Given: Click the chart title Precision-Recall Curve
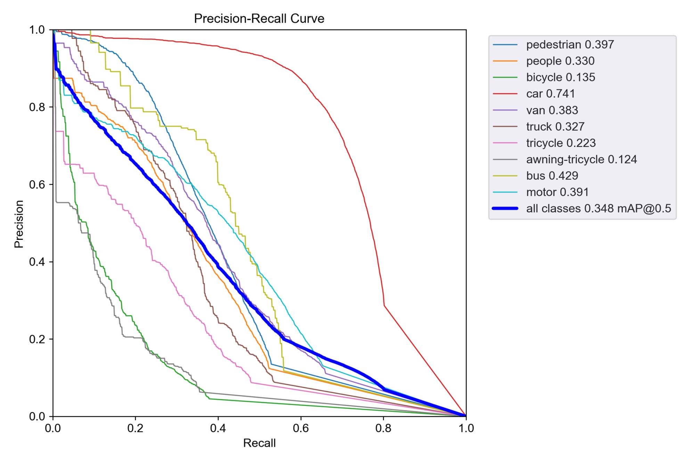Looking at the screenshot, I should (259, 18).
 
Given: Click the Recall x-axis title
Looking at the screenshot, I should (259, 443).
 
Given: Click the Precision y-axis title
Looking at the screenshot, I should (19, 224).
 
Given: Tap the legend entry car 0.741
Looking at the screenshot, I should (550, 94).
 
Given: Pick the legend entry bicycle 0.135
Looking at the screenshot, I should (561, 77).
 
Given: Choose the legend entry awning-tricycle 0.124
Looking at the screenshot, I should (581, 159).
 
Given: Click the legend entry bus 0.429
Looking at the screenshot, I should (552, 176).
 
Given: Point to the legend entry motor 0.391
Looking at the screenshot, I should (557, 192).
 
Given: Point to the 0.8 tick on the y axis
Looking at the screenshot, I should (37, 107).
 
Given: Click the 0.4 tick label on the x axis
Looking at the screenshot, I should (218, 428).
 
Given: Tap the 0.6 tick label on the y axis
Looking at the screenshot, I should (37, 184).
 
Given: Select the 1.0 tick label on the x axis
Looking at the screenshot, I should (466, 428).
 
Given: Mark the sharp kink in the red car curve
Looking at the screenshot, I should (384, 306).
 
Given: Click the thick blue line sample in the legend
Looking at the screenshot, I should (505, 208).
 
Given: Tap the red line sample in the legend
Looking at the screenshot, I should (505, 94).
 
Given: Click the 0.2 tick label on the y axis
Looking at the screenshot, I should (37, 339).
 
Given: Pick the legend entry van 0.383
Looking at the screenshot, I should (552, 110).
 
